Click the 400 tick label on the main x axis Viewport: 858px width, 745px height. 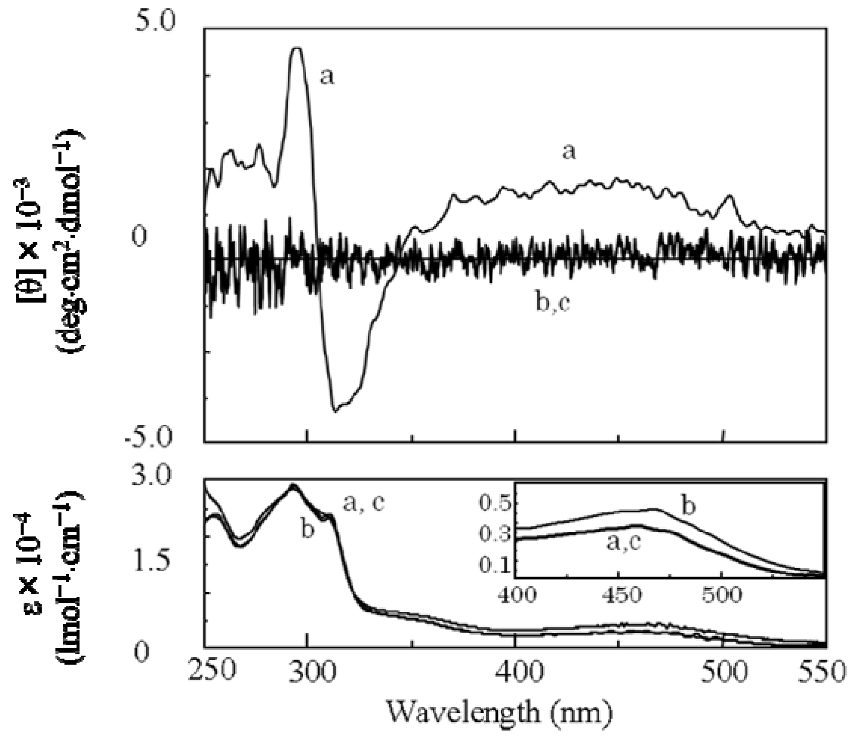point(516,671)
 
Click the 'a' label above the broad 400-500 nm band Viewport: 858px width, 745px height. point(570,153)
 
